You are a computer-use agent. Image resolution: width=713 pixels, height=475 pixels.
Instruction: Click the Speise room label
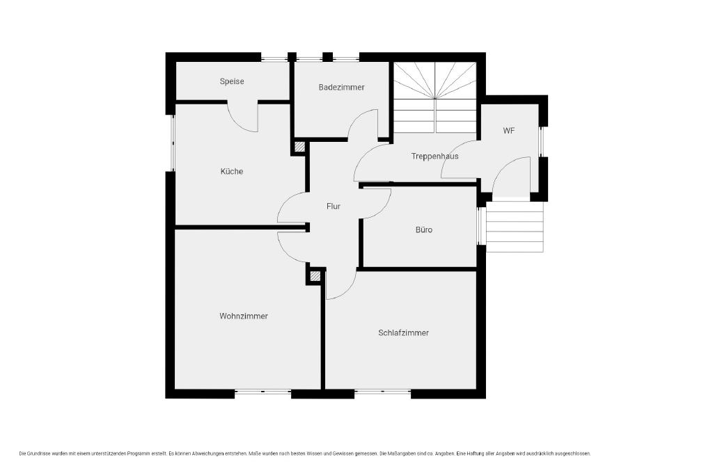click(232, 81)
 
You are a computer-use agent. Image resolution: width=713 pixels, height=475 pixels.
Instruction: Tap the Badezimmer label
click(341, 87)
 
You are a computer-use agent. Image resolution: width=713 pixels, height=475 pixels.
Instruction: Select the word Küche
click(232, 171)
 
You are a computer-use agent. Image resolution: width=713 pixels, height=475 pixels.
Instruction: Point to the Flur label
click(334, 206)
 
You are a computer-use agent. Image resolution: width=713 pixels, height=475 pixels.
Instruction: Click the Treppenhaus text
click(434, 156)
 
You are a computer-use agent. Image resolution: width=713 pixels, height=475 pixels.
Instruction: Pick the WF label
click(509, 131)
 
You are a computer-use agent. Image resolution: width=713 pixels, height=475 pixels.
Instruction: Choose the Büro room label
click(424, 230)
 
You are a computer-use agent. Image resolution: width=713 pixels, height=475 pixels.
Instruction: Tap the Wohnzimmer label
click(244, 316)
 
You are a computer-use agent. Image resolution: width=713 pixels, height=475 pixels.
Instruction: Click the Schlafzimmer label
click(403, 333)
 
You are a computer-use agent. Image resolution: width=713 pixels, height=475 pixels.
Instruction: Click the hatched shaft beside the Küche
click(299, 147)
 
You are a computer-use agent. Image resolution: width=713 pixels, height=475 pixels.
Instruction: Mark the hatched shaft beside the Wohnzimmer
click(315, 275)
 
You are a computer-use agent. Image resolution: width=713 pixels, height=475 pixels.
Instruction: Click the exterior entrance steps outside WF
click(515, 227)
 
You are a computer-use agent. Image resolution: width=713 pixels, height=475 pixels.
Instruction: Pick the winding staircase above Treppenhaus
click(434, 97)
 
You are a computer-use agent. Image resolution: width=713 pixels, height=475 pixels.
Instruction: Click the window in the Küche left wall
click(173, 143)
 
